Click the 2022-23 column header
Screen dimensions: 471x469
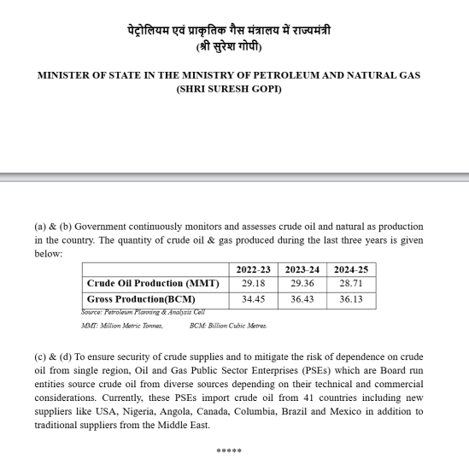(254, 269)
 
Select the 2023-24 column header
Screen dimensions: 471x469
(302, 269)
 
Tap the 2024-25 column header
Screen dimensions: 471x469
(351, 269)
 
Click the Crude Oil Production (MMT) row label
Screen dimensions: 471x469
(153, 283)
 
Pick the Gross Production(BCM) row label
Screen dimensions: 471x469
(141, 299)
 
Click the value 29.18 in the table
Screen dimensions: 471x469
(254, 283)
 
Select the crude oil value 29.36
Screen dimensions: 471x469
(302, 283)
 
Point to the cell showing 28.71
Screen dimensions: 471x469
(351, 283)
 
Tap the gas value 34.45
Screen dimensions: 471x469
(254, 299)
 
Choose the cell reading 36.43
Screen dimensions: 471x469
(302, 299)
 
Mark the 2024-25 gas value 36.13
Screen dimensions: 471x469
(351, 299)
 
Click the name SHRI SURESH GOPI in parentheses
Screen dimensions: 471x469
(229, 89)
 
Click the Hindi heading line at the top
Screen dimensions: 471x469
(229, 31)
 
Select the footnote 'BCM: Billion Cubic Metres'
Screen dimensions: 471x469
(228, 326)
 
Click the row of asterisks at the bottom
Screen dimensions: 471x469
(229, 451)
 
